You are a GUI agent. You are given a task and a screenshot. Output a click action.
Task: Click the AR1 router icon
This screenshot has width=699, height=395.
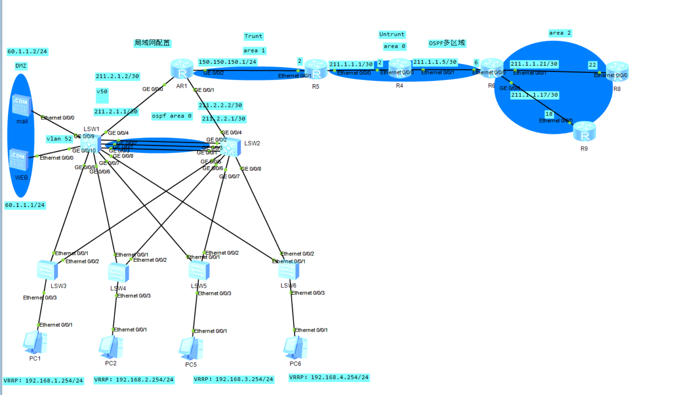(182, 69)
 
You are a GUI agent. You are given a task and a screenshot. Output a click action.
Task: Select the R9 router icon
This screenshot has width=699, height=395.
(584, 131)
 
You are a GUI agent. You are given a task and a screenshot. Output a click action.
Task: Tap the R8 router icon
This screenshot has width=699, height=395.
(617, 72)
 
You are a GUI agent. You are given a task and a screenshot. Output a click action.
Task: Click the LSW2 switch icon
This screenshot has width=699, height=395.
(230, 147)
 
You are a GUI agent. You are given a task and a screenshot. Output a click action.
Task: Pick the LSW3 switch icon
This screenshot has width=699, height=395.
(48, 270)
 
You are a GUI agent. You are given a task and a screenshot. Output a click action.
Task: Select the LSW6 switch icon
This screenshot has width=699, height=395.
(288, 271)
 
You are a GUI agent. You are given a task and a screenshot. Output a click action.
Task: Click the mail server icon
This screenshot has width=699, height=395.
(21, 105)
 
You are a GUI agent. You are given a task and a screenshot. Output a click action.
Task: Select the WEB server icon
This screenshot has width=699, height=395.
(19, 160)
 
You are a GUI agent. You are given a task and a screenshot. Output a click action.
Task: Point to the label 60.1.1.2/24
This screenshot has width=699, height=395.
(27, 52)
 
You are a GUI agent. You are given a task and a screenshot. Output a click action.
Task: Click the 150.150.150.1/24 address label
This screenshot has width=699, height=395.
(227, 62)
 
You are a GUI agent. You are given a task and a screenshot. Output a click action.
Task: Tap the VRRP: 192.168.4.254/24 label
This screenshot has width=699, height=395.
(329, 377)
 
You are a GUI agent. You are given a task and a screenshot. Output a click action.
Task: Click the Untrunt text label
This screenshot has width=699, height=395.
(392, 34)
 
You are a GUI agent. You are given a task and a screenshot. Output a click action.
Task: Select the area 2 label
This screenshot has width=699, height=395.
(560, 33)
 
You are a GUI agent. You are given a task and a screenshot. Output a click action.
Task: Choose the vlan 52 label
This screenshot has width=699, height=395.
(59, 139)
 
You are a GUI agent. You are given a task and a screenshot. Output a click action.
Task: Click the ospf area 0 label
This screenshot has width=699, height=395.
(171, 116)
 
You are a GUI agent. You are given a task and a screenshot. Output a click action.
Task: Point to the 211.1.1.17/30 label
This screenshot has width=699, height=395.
(534, 95)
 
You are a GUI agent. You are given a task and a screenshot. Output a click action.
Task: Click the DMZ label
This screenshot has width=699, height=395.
(21, 66)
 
